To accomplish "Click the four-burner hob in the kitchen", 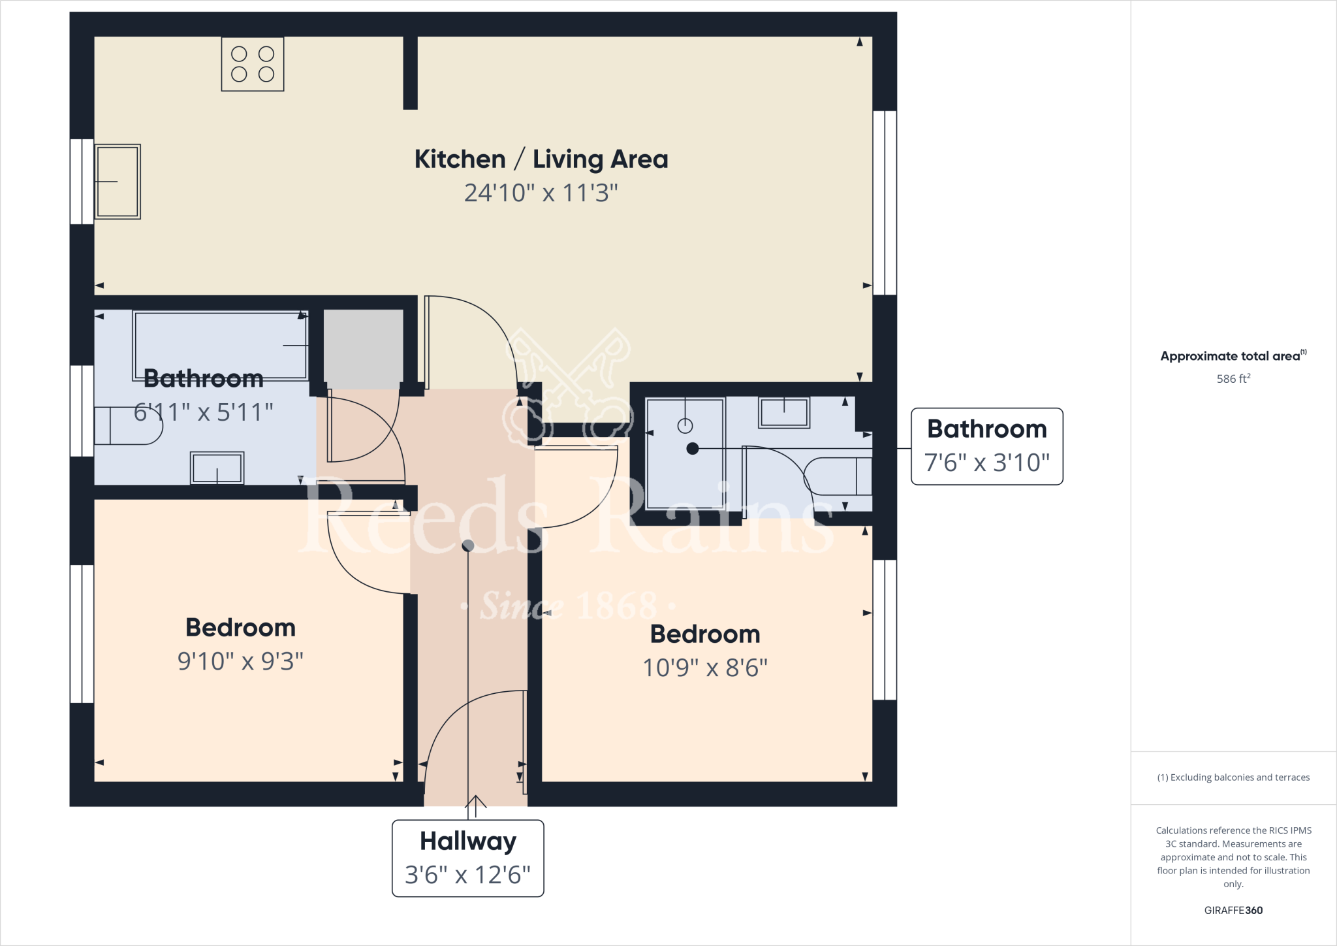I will pyautogui.click(x=253, y=64).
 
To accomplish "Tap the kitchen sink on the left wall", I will pyautogui.click(x=118, y=182).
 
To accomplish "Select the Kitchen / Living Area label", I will pyautogui.click(x=541, y=159).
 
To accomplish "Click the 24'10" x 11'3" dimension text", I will pyautogui.click(x=541, y=193).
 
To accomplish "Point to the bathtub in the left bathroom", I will pyautogui.click(x=221, y=345).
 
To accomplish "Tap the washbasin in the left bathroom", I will pyautogui.click(x=217, y=468).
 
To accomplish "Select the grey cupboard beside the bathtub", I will pyautogui.click(x=363, y=349).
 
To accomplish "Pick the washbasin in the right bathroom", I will pyautogui.click(x=784, y=412).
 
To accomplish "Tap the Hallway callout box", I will pyautogui.click(x=467, y=858).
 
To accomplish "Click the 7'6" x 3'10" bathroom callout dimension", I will pyautogui.click(x=986, y=463).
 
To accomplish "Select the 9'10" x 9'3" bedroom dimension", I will pyautogui.click(x=240, y=661).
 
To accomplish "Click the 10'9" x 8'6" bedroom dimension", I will pyautogui.click(x=705, y=668).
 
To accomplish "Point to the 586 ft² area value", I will pyautogui.click(x=1233, y=379).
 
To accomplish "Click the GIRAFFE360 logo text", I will pyautogui.click(x=1233, y=910).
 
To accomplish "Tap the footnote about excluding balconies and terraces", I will pyautogui.click(x=1233, y=777).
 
